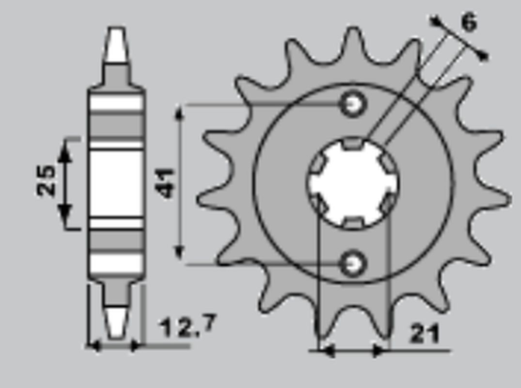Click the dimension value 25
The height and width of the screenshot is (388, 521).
[x=47, y=180]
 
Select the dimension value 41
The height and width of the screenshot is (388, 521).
[x=166, y=183]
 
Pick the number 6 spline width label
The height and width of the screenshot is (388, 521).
[x=468, y=22]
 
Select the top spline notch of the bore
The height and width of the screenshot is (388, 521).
[x=353, y=143]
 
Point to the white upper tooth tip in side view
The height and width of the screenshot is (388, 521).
[x=116, y=46]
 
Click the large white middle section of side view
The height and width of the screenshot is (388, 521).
[x=116, y=183]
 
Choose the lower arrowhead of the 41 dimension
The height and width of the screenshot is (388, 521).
[x=180, y=252]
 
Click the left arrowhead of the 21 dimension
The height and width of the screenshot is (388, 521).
[x=327, y=351]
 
